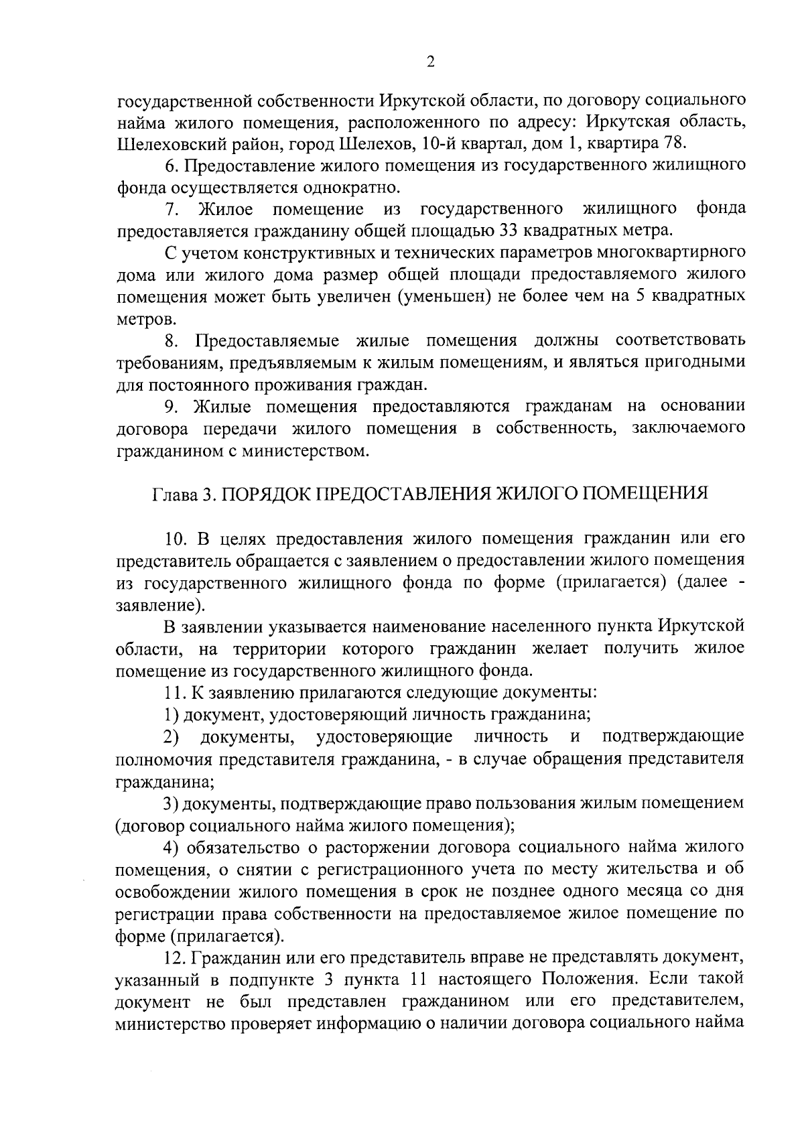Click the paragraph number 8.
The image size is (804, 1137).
click(172, 341)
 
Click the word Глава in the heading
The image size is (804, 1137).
click(176, 494)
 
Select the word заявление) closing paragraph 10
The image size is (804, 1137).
click(159, 604)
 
